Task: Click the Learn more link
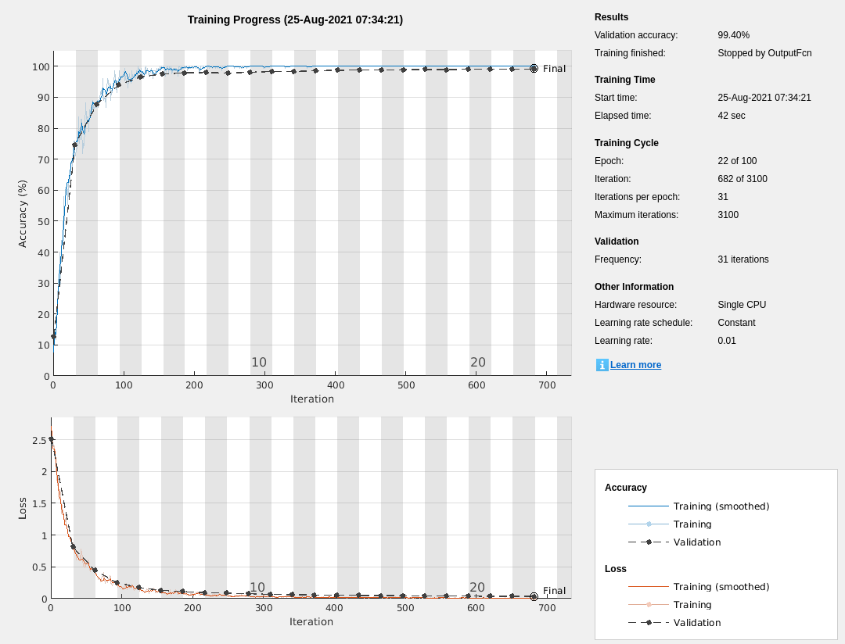(635, 365)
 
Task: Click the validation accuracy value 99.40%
(733, 35)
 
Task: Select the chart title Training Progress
(295, 20)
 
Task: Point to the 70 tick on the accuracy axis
(41, 159)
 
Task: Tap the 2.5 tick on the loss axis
(38, 441)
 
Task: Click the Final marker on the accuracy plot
(534, 69)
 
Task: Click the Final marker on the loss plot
(534, 596)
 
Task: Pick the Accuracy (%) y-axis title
(23, 213)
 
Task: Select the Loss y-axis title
(23, 508)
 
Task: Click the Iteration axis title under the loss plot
(311, 622)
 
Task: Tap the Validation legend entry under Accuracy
(696, 542)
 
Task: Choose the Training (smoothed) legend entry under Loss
(721, 587)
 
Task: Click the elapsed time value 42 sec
(731, 116)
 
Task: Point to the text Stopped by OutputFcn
(764, 53)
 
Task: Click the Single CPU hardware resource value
(741, 305)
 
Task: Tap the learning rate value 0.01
(726, 341)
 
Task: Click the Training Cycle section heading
(626, 143)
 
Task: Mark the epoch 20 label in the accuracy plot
(477, 363)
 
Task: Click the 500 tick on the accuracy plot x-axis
(406, 385)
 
